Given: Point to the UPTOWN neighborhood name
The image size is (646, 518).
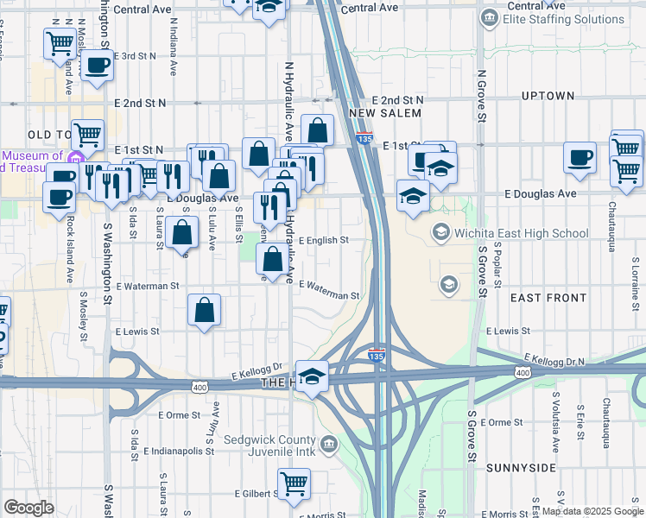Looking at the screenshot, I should point(548,96).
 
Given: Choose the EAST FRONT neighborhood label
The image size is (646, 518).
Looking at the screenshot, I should point(548,298).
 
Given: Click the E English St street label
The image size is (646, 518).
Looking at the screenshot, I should point(324,241).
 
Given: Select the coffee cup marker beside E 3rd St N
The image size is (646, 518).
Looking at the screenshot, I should point(95,66).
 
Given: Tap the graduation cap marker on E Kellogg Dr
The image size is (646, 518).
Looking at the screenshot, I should point(313,376).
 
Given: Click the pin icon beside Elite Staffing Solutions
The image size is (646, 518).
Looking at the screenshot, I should point(490,17).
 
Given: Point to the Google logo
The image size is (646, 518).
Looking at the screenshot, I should point(29,508).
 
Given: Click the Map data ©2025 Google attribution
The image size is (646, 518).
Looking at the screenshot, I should point(592,511).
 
